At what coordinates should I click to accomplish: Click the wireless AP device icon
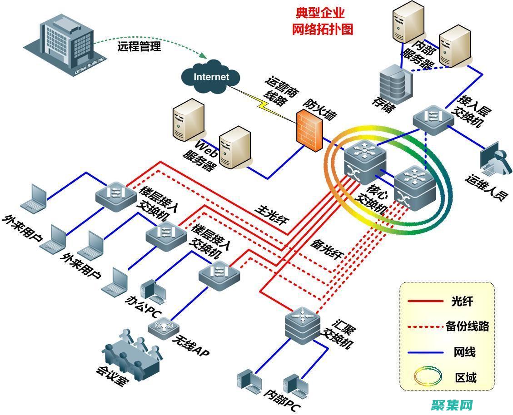click(163, 326)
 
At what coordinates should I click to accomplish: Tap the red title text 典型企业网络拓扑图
click(322, 21)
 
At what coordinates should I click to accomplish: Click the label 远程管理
click(139, 46)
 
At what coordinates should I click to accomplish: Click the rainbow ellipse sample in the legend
click(428, 376)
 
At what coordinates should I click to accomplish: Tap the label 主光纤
click(270, 215)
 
